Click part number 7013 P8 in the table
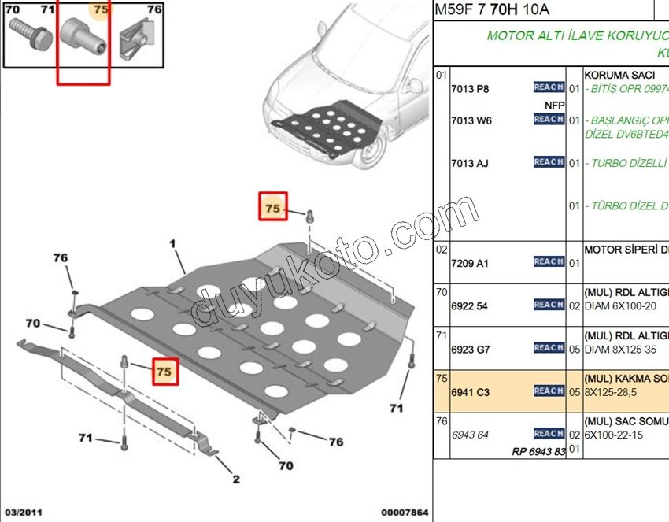point(470,89)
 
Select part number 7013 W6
point(471,120)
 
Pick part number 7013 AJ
point(469,163)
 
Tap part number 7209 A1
point(469,263)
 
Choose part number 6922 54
point(469,306)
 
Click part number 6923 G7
point(471,349)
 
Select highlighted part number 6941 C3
point(471,391)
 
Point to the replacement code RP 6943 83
point(538,451)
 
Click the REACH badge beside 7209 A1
point(549,261)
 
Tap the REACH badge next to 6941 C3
point(549,391)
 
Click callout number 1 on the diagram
point(172,245)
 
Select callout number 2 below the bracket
point(235,479)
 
